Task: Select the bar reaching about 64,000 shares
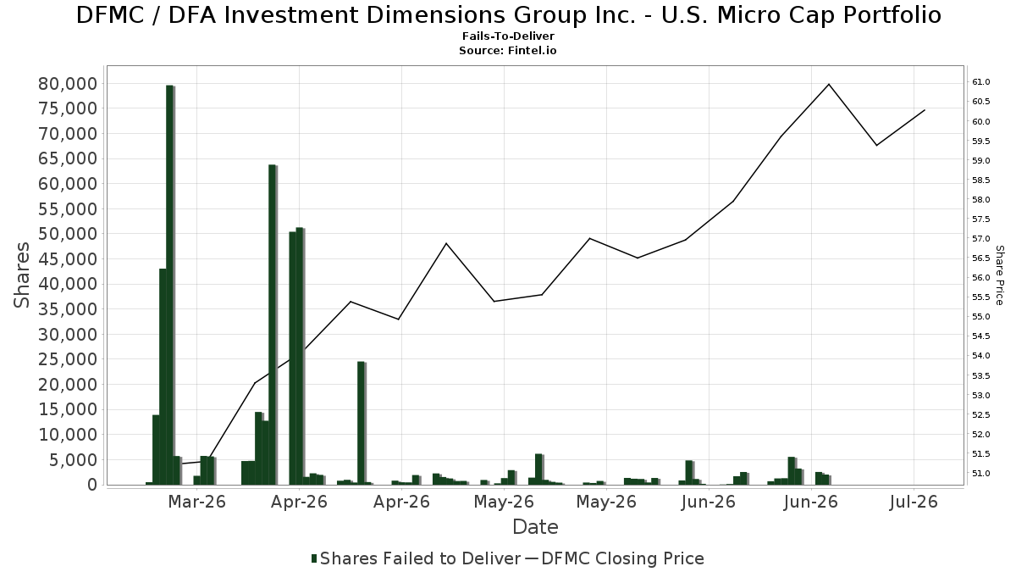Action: [x=273, y=325]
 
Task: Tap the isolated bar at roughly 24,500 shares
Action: [x=362, y=423]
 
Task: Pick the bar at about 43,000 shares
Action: [x=163, y=377]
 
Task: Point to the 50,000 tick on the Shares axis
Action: [x=68, y=234]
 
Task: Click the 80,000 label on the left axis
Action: [x=68, y=84]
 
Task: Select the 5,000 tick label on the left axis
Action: [x=72, y=460]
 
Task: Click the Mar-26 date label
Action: [x=196, y=502]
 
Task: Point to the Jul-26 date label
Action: [x=914, y=502]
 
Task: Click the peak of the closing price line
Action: [x=829, y=84]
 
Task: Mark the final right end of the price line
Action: [x=925, y=110]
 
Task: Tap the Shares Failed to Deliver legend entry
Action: [x=416, y=558]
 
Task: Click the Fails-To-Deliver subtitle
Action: [x=508, y=36]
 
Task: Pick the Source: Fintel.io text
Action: [x=507, y=50]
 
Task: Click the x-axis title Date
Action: [x=535, y=527]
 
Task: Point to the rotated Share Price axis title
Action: [x=999, y=275]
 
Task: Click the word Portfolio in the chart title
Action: [x=892, y=15]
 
